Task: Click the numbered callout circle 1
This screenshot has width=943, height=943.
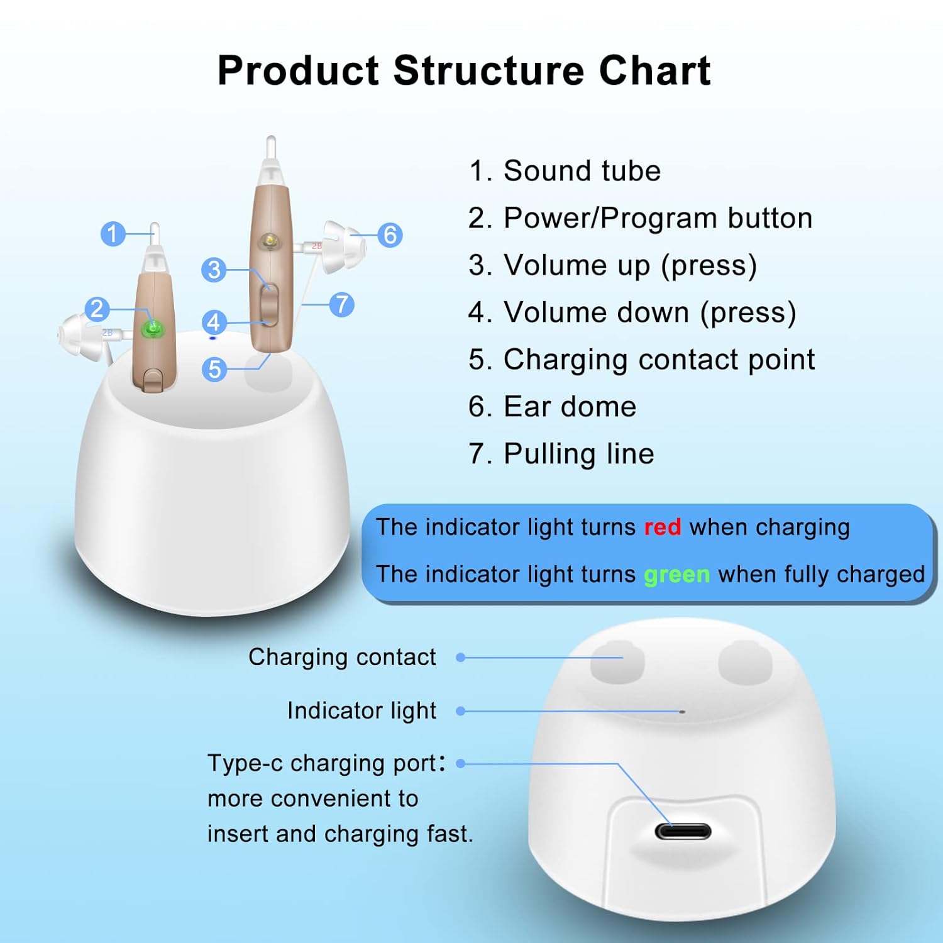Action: pos(113,234)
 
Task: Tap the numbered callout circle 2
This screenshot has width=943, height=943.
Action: pos(97,309)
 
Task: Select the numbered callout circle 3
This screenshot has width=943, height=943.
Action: pos(214,270)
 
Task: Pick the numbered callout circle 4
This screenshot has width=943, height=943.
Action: pos(214,323)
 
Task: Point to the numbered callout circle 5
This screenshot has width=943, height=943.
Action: pos(214,369)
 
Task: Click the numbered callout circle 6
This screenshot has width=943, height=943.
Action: pos(390,235)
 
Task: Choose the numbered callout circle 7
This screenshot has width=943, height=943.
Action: pos(341,304)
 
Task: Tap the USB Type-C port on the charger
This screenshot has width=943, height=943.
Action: pos(683,831)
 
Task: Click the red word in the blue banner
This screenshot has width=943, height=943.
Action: pos(662,527)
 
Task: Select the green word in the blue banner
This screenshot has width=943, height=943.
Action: pos(676,575)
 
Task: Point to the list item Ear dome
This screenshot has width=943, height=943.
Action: pos(552,407)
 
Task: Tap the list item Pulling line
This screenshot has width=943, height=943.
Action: pos(561,454)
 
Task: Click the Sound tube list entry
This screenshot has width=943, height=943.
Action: pos(564,171)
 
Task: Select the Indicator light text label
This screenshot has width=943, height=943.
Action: pos(361,710)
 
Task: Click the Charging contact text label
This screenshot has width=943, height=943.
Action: pos(342,657)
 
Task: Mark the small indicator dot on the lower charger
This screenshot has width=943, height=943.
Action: pos(682,712)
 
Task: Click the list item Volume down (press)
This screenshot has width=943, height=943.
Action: pos(632,312)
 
